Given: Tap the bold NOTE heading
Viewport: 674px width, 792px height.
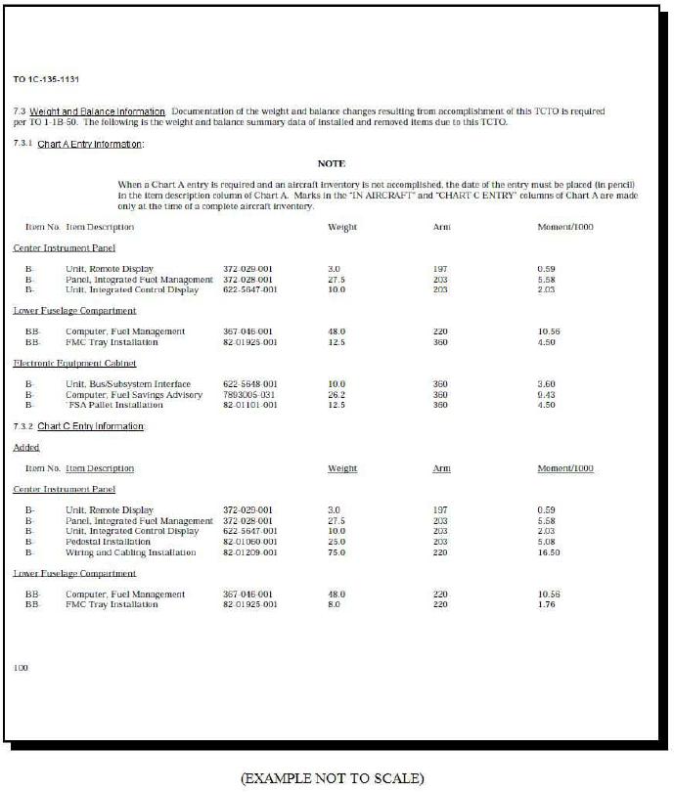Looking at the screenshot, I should point(332,163).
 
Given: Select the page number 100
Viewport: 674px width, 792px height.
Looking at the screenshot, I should point(22,667).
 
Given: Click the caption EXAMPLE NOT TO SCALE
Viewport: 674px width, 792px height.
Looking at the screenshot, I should point(333,778).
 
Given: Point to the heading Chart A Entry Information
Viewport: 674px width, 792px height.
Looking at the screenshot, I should point(90,145).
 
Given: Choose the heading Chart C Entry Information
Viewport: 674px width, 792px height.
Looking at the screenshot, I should point(90,426).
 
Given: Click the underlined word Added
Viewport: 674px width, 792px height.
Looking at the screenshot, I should point(26,447).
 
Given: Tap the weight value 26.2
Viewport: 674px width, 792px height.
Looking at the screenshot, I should point(336,394).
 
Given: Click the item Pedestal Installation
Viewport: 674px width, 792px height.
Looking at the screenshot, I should point(108,542).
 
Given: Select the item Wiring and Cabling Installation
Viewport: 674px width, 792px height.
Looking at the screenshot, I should point(130,552).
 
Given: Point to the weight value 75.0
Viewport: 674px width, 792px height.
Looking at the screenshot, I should point(337,552).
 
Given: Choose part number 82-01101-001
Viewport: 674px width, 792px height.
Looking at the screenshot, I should point(250,405).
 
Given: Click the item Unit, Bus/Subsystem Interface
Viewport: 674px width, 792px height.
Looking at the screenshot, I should point(128,384).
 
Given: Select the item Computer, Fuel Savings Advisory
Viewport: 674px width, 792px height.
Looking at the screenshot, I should point(134,394).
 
